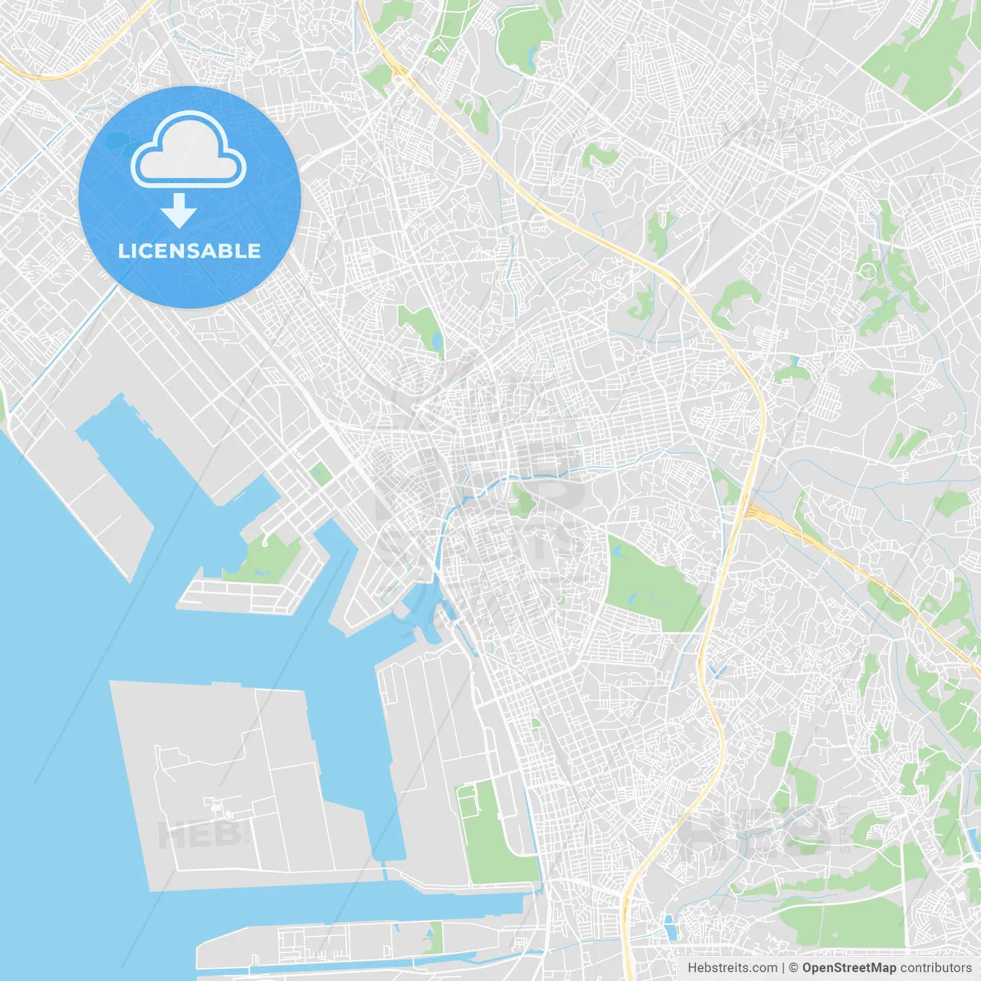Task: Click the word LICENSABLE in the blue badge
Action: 189,251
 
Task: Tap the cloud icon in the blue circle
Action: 189,151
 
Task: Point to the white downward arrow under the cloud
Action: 179,210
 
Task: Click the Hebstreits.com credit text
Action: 733,968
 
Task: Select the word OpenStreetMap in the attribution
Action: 848,968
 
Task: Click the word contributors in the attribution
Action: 935,968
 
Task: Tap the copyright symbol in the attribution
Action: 793,968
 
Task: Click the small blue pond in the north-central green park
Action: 438,341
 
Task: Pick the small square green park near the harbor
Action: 320,474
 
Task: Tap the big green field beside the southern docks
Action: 490,835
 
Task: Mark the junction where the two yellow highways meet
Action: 746,507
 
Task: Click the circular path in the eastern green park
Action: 868,270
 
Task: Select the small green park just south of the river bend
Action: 523,500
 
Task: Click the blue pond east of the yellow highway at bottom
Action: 671,927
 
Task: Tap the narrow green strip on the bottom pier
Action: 434,937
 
